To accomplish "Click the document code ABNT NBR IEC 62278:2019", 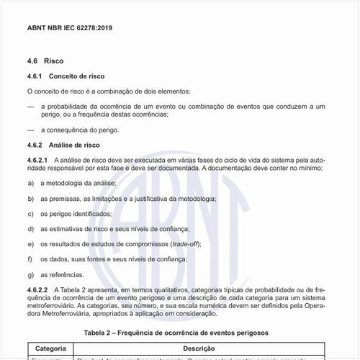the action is [x=69, y=29].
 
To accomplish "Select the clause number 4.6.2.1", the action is [x=37, y=158].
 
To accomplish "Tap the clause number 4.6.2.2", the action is [x=37, y=289].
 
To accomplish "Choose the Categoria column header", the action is [x=51, y=347].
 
